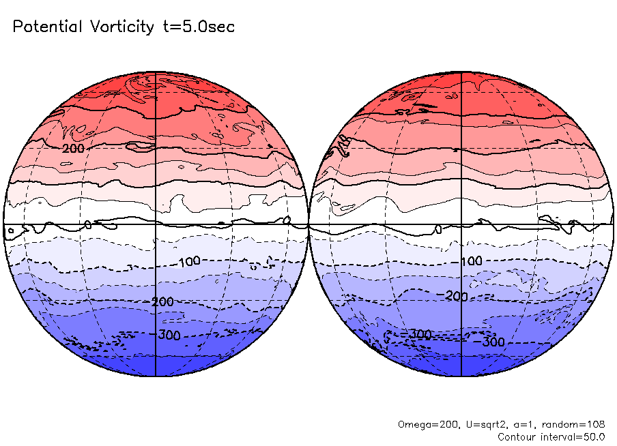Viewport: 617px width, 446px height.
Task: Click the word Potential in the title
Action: [46, 27]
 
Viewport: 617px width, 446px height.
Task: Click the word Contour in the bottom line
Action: [516, 436]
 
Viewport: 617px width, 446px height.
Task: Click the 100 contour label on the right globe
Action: [472, 262]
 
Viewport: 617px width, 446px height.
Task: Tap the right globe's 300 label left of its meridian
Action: [420, 333]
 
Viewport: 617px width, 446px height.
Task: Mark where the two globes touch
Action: [308, 224]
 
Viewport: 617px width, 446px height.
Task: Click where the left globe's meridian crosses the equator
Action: [156, 224]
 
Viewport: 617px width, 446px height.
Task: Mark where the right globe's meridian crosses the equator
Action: [461, 224]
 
